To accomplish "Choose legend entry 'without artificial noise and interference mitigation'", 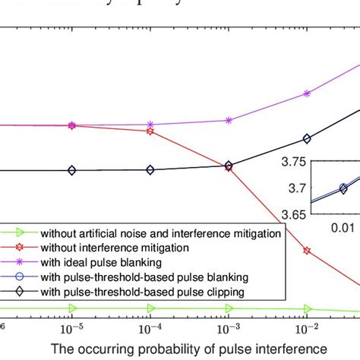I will [160, 233].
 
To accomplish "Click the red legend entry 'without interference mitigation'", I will [115, 248].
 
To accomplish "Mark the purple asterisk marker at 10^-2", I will [307, 93].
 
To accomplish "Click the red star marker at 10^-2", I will [307, 250].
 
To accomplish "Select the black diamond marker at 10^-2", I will [307, 139].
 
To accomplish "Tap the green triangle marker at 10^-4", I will [150, 308].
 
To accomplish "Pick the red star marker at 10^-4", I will [150, 131].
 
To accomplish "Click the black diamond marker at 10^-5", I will [72, 170].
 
